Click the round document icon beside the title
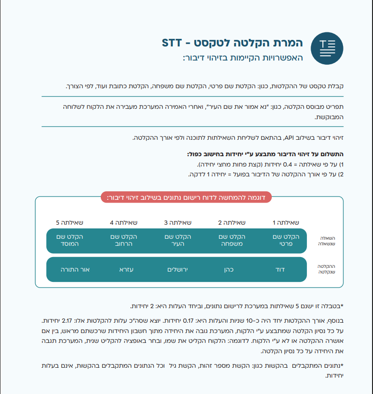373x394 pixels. pyautogui.click(x=327, y=48)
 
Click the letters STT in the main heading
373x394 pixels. pyautogui.click(x=175, y=43)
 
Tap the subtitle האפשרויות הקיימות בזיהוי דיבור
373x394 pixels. pyautogui.click(x=243, y=58)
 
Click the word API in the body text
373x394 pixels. pyautogui.click(x=290, y=137)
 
